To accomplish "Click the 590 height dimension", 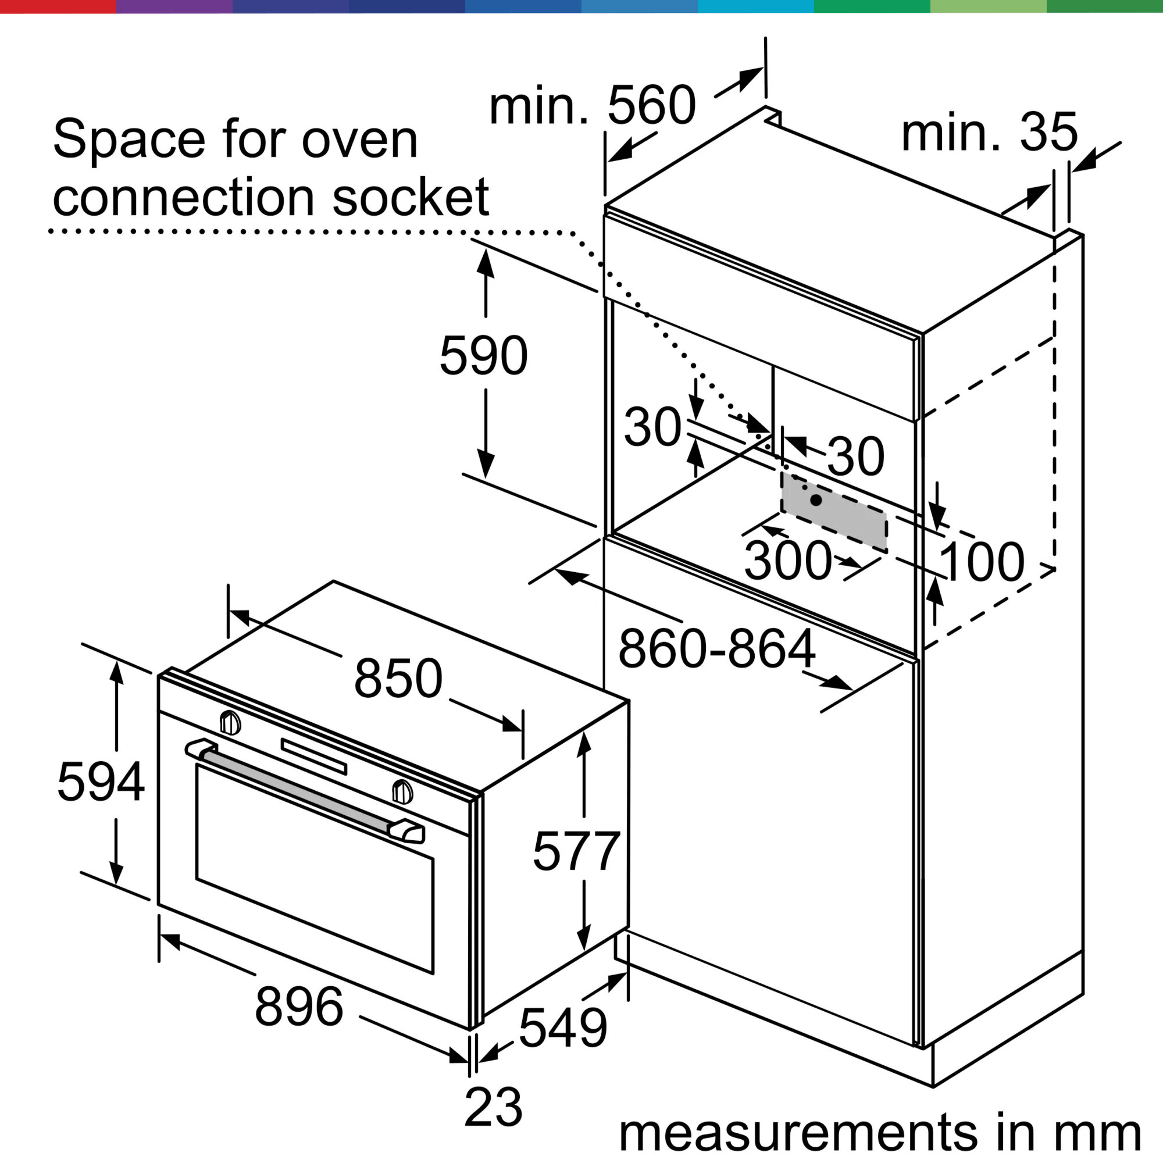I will pos(483,356).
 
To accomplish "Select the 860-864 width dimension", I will pos(716,650).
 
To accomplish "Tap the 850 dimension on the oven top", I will pos(398,679).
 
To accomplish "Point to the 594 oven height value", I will pos(101,782).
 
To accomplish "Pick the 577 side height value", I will pos(576,851).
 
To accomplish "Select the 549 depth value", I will pos(563,1028).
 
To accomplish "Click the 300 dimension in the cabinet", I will pos(788,561).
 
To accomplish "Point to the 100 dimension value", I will pos(981,562).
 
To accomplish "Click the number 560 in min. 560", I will pos(651,106).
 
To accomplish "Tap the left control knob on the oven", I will pos(230,723).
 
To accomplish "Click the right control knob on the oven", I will pos(402,792).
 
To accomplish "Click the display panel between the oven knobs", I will pos(313,756).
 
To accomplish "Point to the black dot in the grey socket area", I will pos(816,500).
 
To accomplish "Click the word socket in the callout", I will pos(411,198).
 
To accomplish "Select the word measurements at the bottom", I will pos(798,1133).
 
